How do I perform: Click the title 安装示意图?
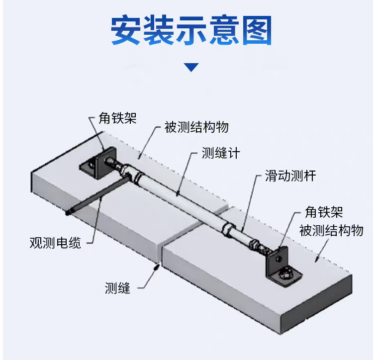(191, 30)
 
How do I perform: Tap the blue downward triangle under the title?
(191, 67)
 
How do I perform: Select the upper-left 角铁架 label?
(117, 118)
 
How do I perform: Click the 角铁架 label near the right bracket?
(324, 212)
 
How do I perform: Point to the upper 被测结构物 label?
(196, 127)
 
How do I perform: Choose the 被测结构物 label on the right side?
(331, 230)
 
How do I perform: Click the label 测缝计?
(221, 153)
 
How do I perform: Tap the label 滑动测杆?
(290, 176)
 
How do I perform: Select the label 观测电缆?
(55, 243)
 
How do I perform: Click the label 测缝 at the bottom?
(117, 288)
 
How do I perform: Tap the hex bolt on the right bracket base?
(284, 274)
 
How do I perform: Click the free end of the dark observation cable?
(69, 213)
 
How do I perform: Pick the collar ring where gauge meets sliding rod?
(227, 229)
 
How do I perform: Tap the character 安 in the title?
(126, 30)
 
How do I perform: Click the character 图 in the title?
(257, 30)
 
